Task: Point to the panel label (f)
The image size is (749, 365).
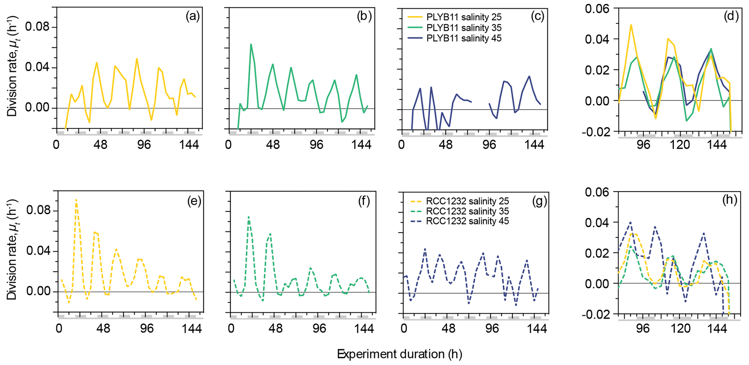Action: (x=363, y=201)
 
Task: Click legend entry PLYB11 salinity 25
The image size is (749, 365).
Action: (x=464, y=17)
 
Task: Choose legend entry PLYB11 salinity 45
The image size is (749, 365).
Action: (x=464, y=38)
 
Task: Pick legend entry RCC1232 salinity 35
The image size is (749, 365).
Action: (x=467, y=211)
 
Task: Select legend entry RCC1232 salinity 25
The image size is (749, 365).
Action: (x=467, y=201)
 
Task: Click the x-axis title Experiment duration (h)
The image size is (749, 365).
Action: (x=399, y=354)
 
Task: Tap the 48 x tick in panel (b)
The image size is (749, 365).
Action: (x=272, y=145)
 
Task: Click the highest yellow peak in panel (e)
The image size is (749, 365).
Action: (x=76, y=199)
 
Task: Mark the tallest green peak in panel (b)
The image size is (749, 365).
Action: (x=251, y=44)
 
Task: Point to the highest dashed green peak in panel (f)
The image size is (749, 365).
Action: (x=249, y=217)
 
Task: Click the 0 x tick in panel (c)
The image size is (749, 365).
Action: (x=401, y=145)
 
